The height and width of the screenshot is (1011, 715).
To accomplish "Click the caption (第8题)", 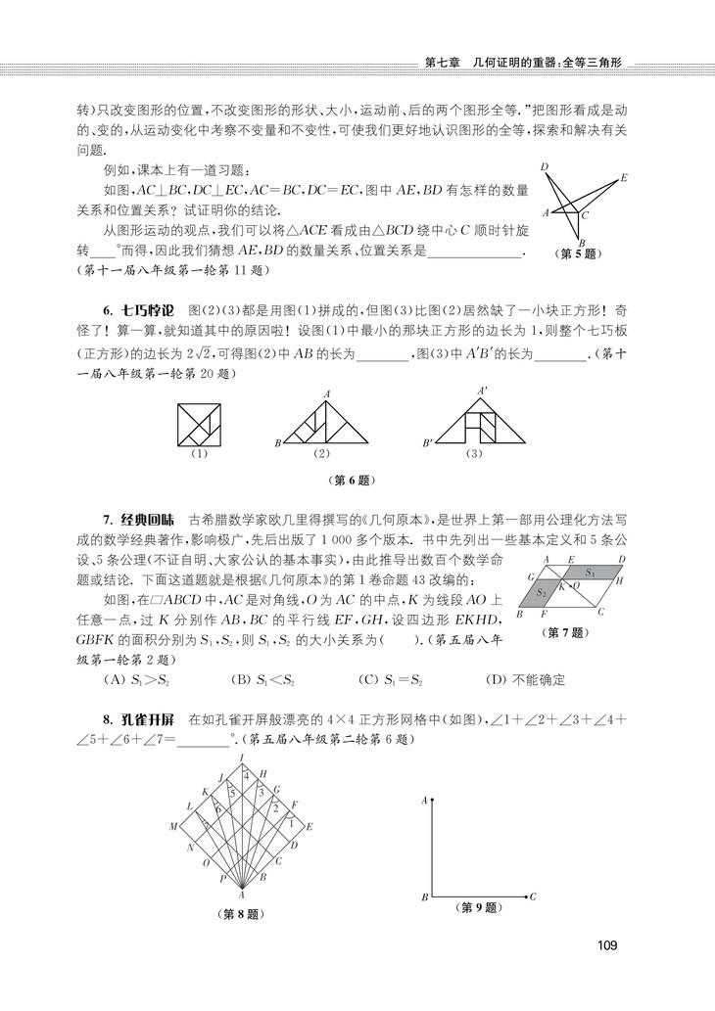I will (240, 915).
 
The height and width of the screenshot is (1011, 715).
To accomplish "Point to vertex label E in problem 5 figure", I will (624, 178).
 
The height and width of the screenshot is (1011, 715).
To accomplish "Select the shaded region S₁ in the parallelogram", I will (589, 572).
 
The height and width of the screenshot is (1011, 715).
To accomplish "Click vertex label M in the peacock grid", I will (172, 827).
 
